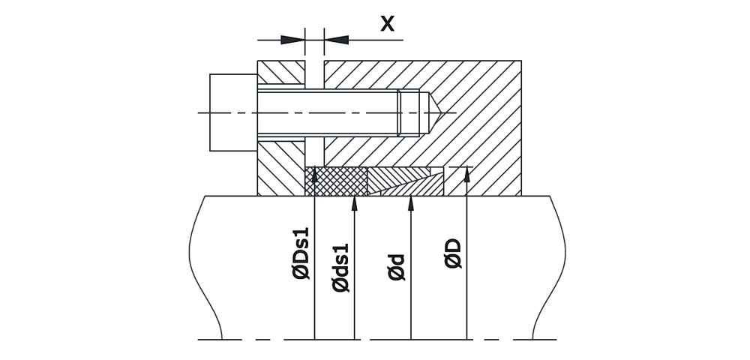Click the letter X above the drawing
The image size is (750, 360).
click(x=387, y=24)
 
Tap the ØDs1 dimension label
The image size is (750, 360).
click(x=301, y=253)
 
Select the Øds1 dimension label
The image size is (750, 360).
click(x=341, y=268)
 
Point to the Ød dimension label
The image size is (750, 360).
click(x=397, y=267)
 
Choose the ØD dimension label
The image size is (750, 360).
click(x=454, y=253)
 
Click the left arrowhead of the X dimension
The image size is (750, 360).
click(x=292, y=40)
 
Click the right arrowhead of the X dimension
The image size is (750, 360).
click(x=337, y=40)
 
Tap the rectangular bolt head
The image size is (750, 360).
click(x=233, y=112)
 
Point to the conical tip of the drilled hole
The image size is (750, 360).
click(x=435, y=112)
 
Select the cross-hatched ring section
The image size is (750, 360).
click(x=336, y=181)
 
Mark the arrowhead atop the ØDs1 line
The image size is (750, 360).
click(x=314, y=175)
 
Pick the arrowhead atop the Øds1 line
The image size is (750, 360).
click(x=355, y=203)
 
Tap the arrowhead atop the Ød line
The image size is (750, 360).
click(x=411, y=203)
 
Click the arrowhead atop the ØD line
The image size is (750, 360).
click(x=466, y=175)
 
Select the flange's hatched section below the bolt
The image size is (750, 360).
click(x=280, y=169)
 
